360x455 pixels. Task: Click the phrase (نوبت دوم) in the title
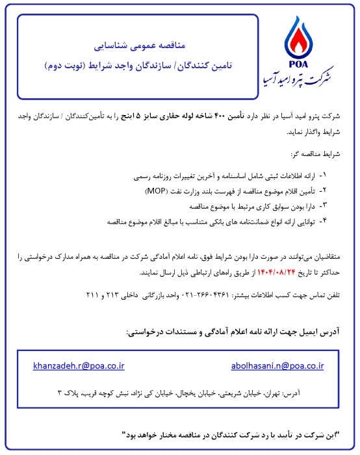point(67,67)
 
